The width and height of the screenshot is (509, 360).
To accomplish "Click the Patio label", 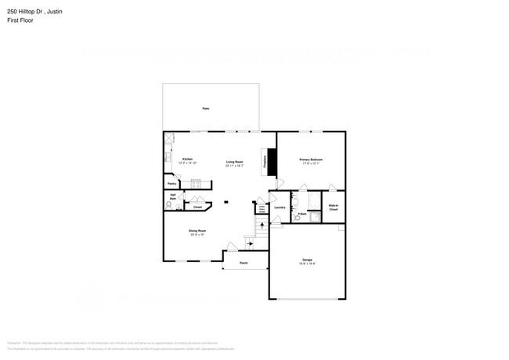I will pos(205,108).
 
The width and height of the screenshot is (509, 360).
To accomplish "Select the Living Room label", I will pos(235,162).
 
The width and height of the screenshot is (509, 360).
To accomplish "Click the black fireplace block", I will pos(273,160).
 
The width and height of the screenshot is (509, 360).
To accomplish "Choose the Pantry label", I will pos(171,185).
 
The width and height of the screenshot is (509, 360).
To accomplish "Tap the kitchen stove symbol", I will pos(197,185).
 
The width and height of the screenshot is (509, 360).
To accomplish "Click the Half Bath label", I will pos(171,197).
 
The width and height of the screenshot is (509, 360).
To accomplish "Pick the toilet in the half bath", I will pos(169,205).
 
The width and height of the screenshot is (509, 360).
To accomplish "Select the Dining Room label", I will pos(197,232).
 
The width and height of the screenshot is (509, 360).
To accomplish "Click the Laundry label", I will pos(280,207).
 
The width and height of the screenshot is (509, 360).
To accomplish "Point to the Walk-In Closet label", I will pos(333,208).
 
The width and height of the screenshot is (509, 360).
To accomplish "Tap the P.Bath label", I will pos(301,214).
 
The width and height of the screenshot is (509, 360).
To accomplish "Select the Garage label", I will pos(308,261).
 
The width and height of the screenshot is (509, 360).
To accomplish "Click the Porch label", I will pos(244,264).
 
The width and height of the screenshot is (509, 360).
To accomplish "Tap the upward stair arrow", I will pos(262,226).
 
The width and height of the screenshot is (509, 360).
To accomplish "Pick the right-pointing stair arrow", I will pos(250,243).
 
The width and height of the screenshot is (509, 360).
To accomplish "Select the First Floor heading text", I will pos(20,20).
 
